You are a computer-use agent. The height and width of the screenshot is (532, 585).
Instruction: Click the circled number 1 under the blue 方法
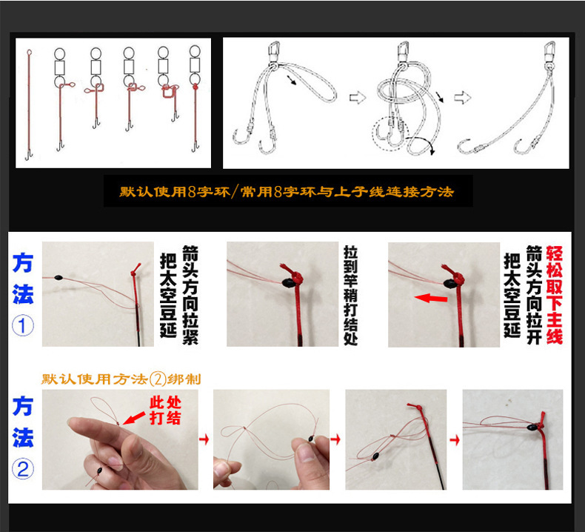22,327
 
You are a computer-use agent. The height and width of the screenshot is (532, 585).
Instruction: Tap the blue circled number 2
22,469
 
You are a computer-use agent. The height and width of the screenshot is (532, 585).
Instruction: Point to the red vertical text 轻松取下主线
554,295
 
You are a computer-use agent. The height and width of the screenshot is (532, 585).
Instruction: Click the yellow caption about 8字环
287,192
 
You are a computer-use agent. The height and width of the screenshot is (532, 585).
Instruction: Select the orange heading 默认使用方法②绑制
121,379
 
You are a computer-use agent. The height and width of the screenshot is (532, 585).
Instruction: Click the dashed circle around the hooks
390,134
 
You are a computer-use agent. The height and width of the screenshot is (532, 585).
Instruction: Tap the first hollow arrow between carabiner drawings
358,97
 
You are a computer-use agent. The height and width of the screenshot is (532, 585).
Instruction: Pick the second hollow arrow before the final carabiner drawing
464,97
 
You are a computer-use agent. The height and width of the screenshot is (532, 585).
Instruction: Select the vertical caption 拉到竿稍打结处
351,294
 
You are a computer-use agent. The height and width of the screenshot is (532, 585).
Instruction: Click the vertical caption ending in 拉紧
176,295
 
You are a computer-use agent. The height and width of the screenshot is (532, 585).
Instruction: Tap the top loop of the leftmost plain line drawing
29,53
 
